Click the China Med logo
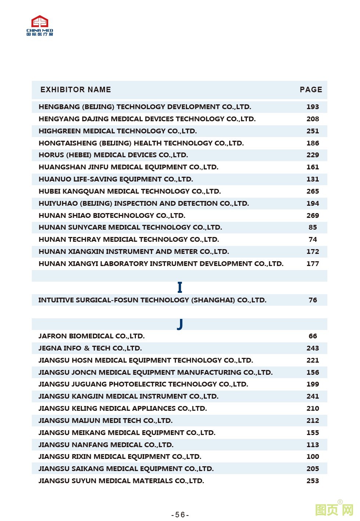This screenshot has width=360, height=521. (40, 25)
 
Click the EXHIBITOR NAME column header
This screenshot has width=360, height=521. (76, 90)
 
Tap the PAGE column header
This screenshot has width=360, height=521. (311, 90)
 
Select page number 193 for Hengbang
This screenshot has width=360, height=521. (313, 107)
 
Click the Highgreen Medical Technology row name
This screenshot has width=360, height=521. (118, 131)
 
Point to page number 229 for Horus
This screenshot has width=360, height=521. (313, 155)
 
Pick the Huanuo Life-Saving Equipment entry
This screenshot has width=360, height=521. (116, 179)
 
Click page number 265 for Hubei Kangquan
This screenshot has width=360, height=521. (313, 191)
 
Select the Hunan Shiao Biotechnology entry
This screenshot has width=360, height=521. (112, 215)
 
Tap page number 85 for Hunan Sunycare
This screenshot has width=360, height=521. (313, 227)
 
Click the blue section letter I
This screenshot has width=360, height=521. (180, 287)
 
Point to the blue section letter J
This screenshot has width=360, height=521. (180, 324)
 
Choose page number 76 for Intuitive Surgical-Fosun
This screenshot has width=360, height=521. (313, 300)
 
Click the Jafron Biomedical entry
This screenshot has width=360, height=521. (91, 336)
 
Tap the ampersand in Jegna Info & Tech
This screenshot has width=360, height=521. (87, 348)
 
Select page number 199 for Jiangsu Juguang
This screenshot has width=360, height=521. (313, 384)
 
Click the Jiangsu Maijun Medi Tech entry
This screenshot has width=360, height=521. (105, 421)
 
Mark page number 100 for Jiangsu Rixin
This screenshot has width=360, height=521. (313, 456)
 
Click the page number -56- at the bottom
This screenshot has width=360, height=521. (180, 515)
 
